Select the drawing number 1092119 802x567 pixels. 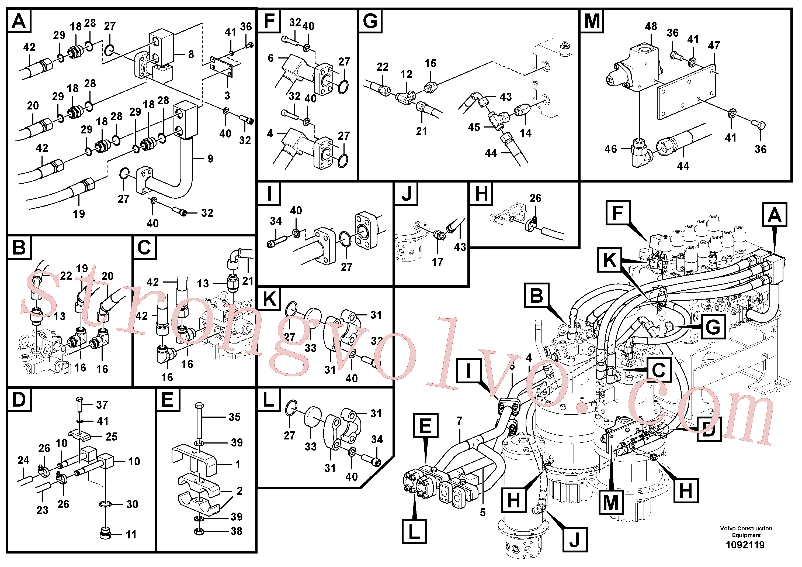point(745,545)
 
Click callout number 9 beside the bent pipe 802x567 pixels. point(210,159)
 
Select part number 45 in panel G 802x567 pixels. point(474,127)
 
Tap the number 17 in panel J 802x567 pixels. point(437,262)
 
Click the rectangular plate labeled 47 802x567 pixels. point(687,92)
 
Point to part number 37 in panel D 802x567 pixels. point(102,405)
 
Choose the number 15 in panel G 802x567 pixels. point(430,63)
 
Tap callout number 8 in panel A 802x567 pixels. point(191,54)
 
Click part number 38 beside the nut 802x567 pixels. point(237,531)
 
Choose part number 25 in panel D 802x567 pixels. point(112,437)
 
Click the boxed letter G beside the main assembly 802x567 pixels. point(714,327)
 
